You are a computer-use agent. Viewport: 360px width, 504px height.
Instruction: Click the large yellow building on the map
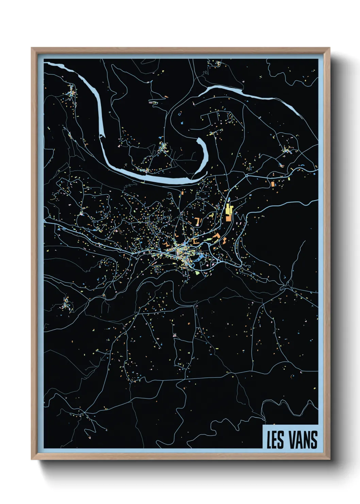click(x=228, y=209)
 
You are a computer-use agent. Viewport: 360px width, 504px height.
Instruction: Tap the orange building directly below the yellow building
click(x=228, y=218)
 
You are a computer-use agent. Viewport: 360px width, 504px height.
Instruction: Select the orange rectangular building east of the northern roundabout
click(x=272, y=184)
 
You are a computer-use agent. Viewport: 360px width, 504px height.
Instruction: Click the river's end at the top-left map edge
click(x=46, y=63)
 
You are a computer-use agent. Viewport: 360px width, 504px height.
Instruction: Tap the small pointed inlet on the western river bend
click(x=101, y=136)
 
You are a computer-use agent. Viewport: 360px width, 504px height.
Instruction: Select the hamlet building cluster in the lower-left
click(x=66, y=303)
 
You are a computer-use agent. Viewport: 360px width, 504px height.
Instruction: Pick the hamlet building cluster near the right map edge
click(x=288, y=149)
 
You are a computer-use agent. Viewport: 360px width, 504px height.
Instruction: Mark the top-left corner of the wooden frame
click(x=32, y=48)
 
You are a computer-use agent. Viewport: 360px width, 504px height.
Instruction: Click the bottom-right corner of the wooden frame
click(x=330, y=459)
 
